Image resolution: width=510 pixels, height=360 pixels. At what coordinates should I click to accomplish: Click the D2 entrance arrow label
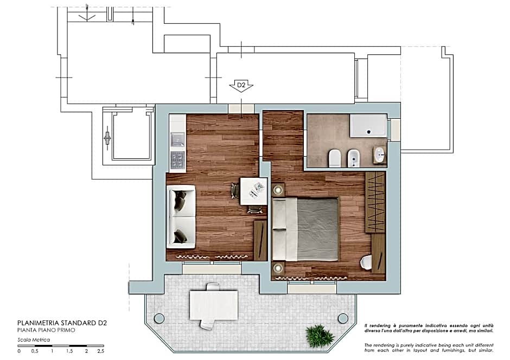tap(241, 86)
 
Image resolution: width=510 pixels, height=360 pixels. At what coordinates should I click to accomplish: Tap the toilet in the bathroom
tap(334, 158)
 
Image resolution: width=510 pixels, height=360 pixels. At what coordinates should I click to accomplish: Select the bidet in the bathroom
tap(353, 158)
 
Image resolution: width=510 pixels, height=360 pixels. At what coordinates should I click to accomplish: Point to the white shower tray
tap(368, 126)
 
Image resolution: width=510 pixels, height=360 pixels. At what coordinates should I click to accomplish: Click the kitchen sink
tap(177, 141)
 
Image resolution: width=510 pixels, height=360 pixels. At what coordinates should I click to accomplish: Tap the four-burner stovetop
tap(177, 159)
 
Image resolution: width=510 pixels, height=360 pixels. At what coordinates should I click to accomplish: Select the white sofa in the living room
tap(181, 216)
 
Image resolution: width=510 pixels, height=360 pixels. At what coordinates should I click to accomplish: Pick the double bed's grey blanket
tap(318, 229)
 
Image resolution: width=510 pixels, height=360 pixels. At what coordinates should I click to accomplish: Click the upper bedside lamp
tap(279, 190)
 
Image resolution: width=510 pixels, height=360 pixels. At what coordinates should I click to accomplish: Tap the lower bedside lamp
tap(279, 267)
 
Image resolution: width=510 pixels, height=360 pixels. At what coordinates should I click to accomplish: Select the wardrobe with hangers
tap(375, 202)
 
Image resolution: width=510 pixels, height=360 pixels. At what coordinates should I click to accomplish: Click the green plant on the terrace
tap(320, 336)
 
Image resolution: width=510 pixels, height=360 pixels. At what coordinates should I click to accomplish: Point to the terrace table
tap(214, 305)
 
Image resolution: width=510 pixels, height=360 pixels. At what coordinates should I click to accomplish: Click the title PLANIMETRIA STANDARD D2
tap(62, 323)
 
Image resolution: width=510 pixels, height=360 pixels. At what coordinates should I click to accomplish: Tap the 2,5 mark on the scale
tap(100, 351)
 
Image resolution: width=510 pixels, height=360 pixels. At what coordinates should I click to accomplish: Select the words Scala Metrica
tap(34, 340)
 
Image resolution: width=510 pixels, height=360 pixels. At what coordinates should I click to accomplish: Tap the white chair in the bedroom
tap(366, 262)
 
